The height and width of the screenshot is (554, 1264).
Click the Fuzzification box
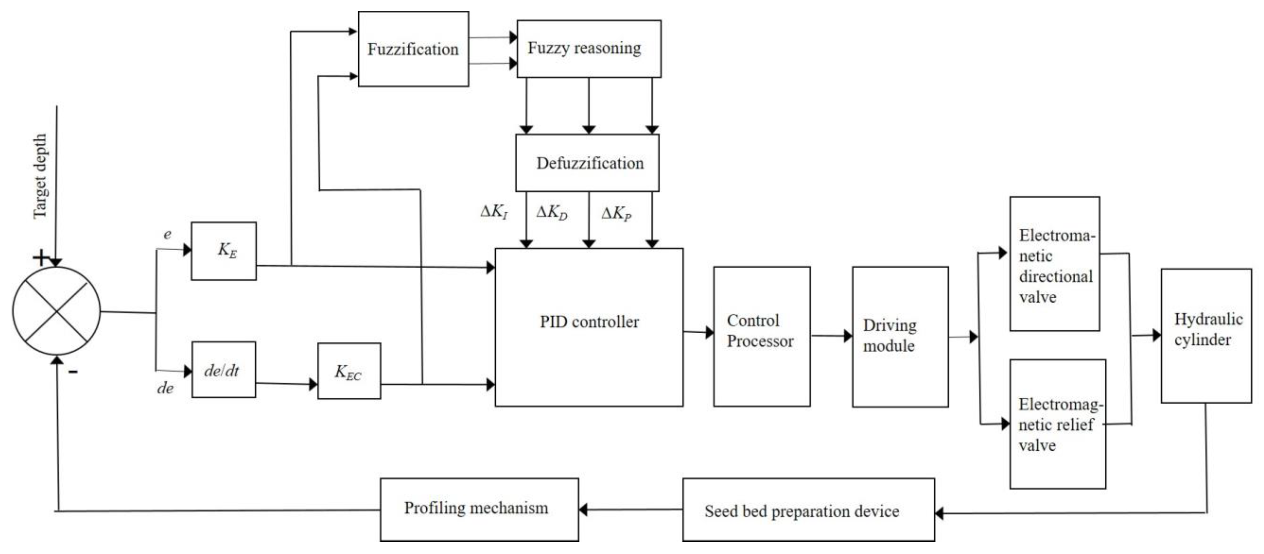413,49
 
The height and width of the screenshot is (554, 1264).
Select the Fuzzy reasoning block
588,48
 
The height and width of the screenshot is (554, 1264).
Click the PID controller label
589,322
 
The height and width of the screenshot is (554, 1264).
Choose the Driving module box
900,336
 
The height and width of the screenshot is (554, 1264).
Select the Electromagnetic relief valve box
1057,424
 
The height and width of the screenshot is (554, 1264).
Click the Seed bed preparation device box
808,510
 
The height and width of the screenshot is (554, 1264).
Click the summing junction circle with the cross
56,311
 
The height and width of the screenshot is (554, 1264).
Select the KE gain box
224,251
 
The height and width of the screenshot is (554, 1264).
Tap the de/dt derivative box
223,370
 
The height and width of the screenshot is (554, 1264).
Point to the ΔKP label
616,213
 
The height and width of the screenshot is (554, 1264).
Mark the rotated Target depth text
40,177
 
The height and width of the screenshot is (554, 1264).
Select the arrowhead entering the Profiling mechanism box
583,509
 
